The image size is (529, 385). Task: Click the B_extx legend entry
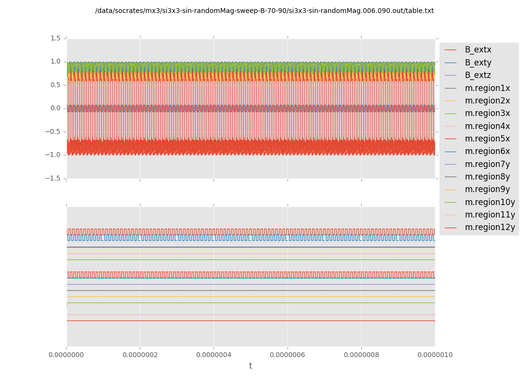[478, 50]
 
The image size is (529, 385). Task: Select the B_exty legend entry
[478, 63]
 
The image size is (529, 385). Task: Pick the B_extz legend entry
[478, 76]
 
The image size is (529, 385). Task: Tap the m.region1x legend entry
[487, 88]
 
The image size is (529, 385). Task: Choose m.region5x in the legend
[487, 139]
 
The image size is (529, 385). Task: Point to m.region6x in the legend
[487, 152]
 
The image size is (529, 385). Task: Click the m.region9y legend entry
[487, 190]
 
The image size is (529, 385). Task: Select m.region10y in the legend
[490, 202]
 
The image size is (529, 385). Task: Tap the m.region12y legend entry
[490, 228]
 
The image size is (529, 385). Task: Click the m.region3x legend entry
[487, 114]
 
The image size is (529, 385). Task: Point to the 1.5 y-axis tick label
[56, 38]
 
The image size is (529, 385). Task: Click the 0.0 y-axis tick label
[56, 108]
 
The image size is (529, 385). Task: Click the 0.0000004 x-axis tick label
[214, 355]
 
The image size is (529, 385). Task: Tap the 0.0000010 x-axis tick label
[435, 355]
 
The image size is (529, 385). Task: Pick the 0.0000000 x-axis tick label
[67, 355]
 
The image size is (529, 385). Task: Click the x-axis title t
[251, 366]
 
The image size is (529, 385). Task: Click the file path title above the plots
[264, 11]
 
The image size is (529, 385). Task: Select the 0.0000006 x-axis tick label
[288, 355]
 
